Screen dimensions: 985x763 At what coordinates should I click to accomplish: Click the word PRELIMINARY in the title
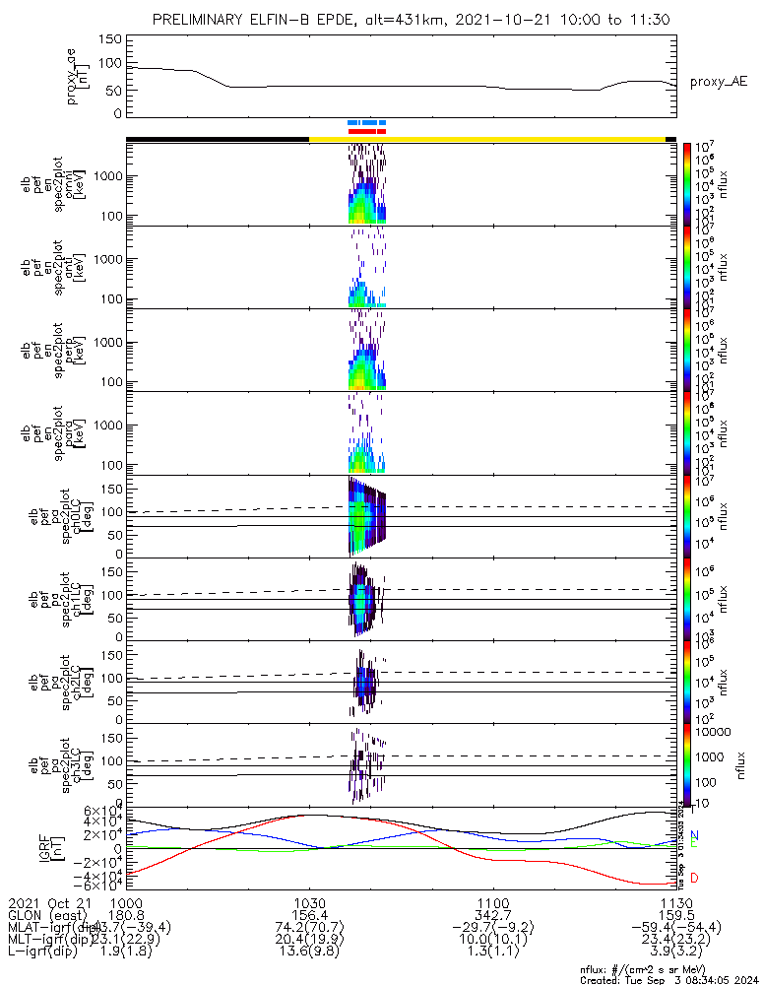pos(199,20)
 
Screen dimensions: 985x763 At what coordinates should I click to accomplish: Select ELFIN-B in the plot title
pos(279,20)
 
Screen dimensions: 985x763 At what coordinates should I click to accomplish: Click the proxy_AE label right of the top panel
pos(718,82)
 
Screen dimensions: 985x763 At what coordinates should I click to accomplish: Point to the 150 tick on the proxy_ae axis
pos(111,39)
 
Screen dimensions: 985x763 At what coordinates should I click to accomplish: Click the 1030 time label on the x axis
pos(309,901)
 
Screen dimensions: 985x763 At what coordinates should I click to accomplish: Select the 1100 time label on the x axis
pos(492,901)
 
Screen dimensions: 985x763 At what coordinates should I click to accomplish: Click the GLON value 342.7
pos(492,914)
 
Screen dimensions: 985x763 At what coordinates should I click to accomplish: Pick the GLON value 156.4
pos(309,914)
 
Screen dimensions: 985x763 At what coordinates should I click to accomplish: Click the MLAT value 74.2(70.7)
pos(309,927)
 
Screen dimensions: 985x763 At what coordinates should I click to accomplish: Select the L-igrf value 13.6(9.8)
pos(309,952)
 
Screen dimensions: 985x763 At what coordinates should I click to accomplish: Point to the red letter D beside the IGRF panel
pos(695,878)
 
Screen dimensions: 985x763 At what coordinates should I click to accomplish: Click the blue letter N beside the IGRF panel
pos(695,835)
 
